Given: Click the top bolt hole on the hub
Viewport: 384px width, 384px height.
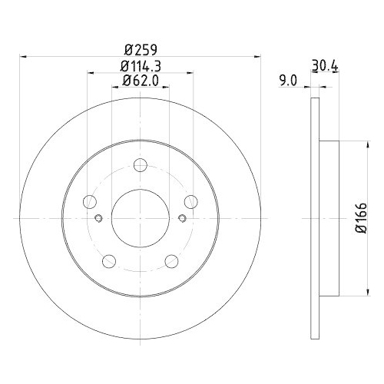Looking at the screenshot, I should click(139, 165).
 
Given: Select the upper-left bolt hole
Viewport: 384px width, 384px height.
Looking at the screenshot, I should click(91, 201).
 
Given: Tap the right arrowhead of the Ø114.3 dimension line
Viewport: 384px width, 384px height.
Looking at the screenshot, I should click(190, 73).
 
